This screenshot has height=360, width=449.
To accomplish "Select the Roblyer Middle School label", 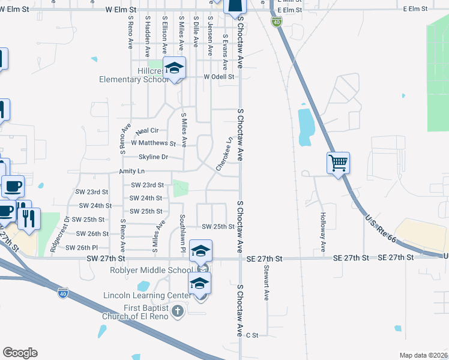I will [151, 270].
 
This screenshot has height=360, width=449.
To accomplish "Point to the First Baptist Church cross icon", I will [176, 311].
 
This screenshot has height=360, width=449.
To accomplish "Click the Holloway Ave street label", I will [323, 232].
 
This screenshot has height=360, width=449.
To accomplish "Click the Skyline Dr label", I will [152, 157].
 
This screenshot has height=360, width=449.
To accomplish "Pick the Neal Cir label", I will [147, 131].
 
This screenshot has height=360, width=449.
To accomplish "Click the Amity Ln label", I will [133, 171].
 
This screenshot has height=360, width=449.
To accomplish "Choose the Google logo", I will [20, 353].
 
